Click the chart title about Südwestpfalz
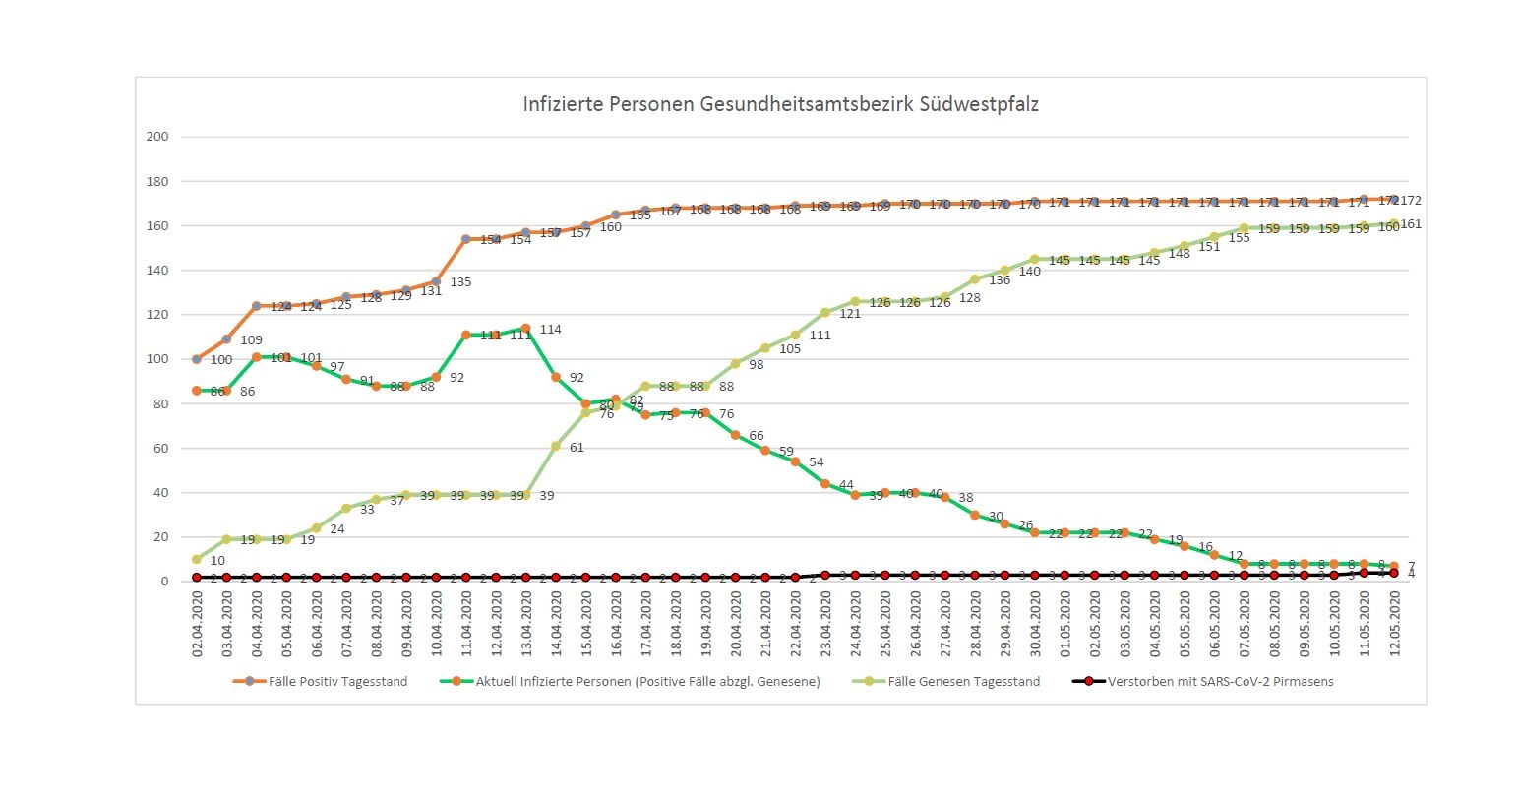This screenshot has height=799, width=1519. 780,104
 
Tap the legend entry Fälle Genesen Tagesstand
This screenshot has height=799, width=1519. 963,681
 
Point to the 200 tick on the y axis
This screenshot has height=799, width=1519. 157,137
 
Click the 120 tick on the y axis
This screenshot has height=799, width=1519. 157,315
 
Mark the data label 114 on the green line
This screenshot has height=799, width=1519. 550,330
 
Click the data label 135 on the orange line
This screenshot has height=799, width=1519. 460,282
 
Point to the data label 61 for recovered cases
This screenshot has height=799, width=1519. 577,448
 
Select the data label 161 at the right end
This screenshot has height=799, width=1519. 1410,224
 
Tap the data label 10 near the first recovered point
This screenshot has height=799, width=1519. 217,561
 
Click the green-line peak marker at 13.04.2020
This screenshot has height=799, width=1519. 525,328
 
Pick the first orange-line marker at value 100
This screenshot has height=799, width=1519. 197,359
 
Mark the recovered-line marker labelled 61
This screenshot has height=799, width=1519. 556,446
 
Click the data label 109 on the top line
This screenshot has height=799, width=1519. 251,340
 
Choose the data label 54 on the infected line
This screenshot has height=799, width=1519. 816,462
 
